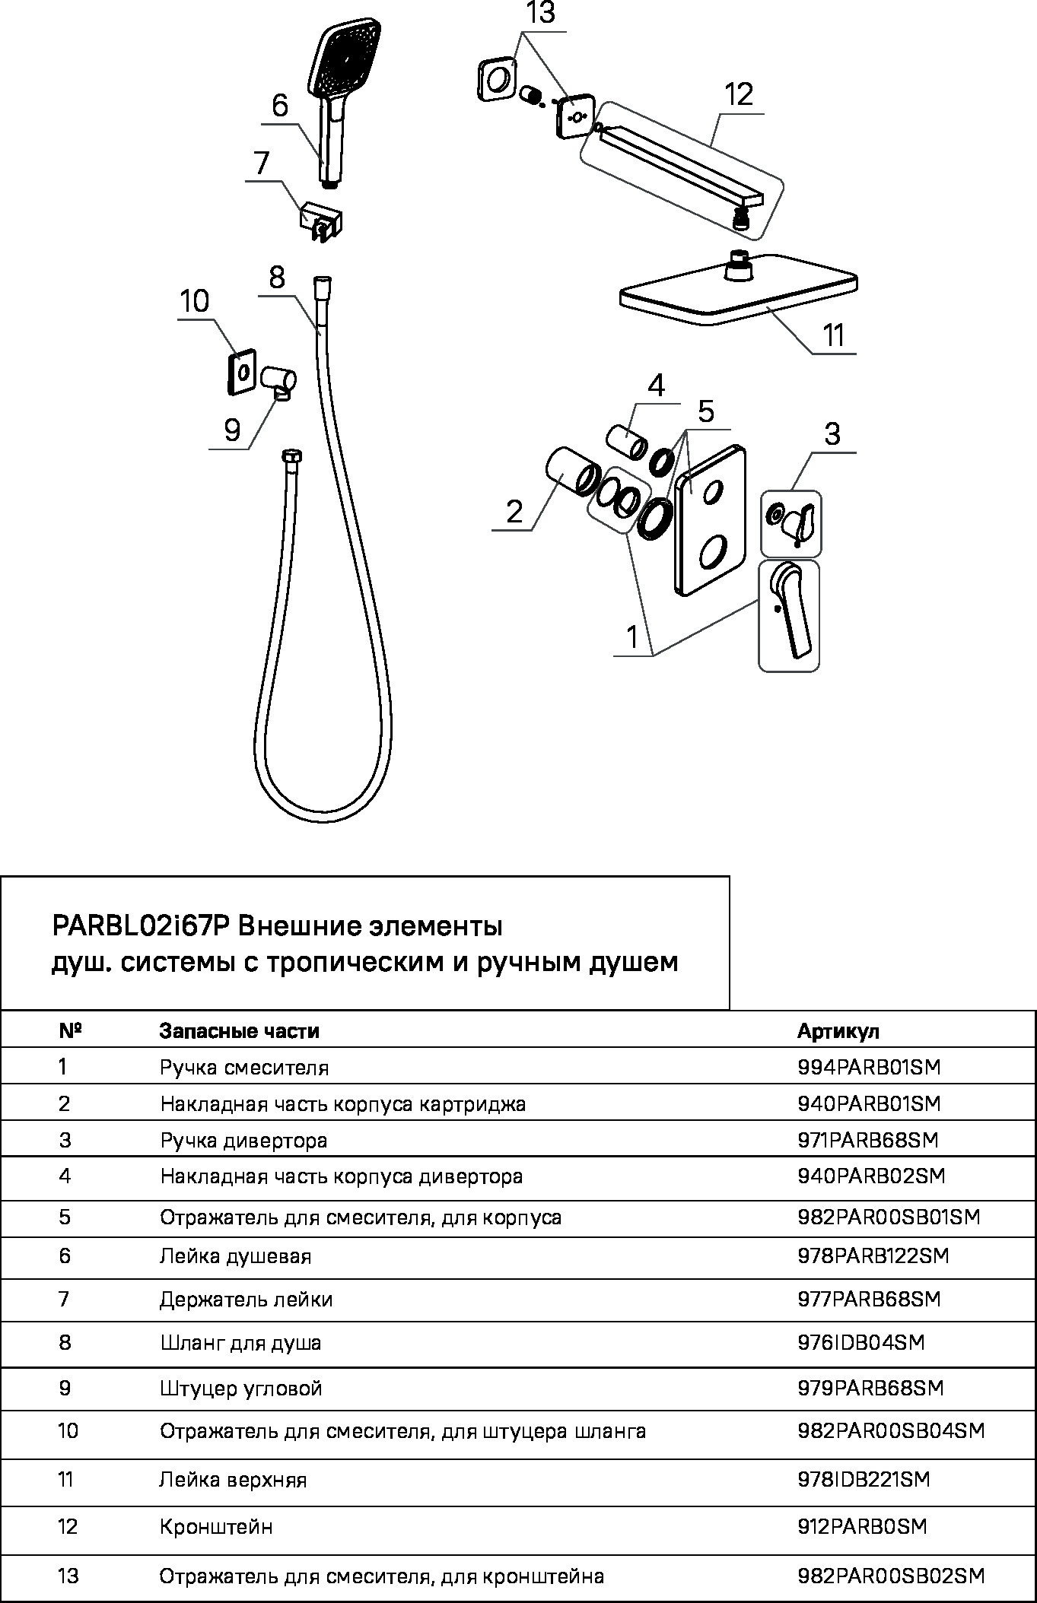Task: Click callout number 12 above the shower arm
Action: (x=738, y=95)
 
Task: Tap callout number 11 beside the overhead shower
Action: (x=834, y=335)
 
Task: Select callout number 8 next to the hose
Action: (x=276, y=278)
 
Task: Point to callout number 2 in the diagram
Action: (x=514, y=512)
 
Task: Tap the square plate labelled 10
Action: (x=242, y=372)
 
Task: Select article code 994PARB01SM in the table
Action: (x=869, y=1068)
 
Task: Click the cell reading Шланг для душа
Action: (x=240, y=1343)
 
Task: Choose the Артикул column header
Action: (x=838, y=1031)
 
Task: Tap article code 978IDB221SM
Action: (x=864, y=1479)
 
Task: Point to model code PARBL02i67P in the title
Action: (x=140, y=927)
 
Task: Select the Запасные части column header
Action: (x=239, y=1031)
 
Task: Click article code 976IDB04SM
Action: (x=860, y=1343)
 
